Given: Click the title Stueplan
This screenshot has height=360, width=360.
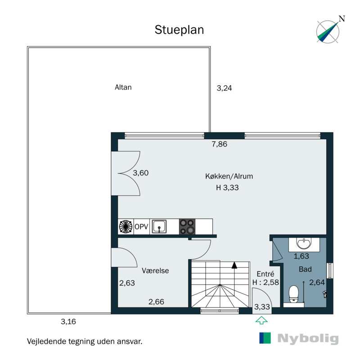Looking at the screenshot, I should (180, 30).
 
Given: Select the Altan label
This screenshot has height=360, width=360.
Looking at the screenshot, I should (123, 87).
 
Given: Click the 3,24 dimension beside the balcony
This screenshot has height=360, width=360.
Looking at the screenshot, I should (224, 88).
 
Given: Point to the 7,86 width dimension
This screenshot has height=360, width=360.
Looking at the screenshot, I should (220, 144).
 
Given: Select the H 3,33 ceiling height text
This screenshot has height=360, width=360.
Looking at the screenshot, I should (227, 188).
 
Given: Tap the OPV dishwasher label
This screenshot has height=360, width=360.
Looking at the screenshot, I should (141, 227).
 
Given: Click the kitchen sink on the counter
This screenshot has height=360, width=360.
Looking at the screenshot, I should (159, 226).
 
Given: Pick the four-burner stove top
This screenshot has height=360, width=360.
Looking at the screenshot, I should (187, 226).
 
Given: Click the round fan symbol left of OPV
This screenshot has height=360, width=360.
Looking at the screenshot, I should (125, 227).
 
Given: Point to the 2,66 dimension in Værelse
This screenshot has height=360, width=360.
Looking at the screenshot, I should (156, 302).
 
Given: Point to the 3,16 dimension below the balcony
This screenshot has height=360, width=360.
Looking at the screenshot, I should (68, 321).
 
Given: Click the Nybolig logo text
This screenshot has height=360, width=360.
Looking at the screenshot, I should (307, 339).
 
